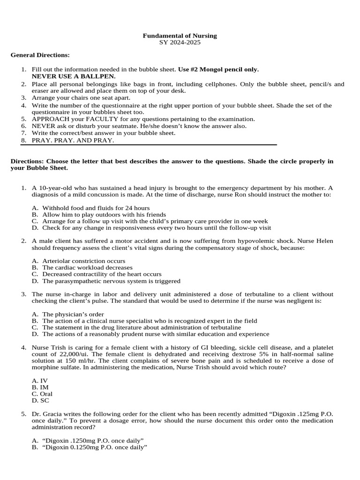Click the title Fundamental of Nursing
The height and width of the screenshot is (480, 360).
pyautogui.click(x=180, y=36)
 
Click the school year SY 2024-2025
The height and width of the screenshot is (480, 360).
pyautogui.click(x=180, y=42)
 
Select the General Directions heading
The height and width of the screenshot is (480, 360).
pyautogui.click(x=40, y=55)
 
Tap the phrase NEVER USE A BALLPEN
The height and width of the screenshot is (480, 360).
pyautogui.click(x=74, y=76)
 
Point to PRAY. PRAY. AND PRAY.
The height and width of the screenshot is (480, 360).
pyautogui.click(x=73, y=140)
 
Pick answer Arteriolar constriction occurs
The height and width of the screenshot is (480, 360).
pyautogui.click(x=83, y=261)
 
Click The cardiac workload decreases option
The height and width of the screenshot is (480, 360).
pyautogui.click(x=87, y=267)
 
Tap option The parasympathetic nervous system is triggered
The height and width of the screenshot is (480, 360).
pyautogui.click(x=111, y=281)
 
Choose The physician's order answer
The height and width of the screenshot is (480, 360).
pyautogui.click(x=73, y=314)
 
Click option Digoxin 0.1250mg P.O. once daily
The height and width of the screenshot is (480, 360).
pyautogui.click(x=93, y=447)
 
